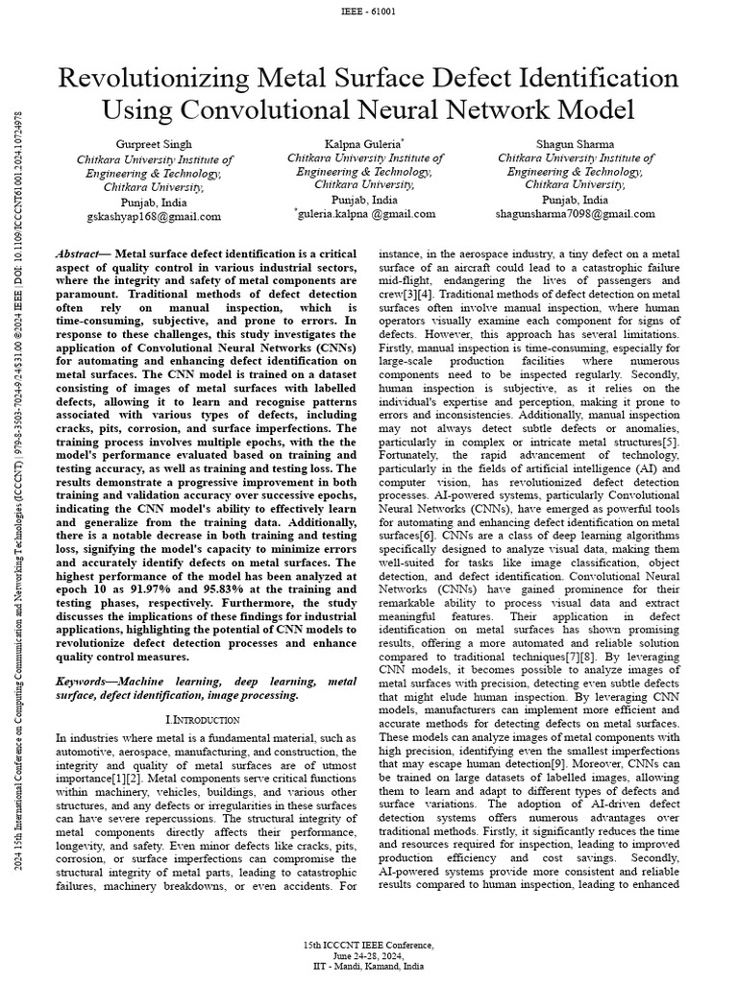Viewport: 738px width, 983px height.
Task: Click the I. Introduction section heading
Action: point(202,718)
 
